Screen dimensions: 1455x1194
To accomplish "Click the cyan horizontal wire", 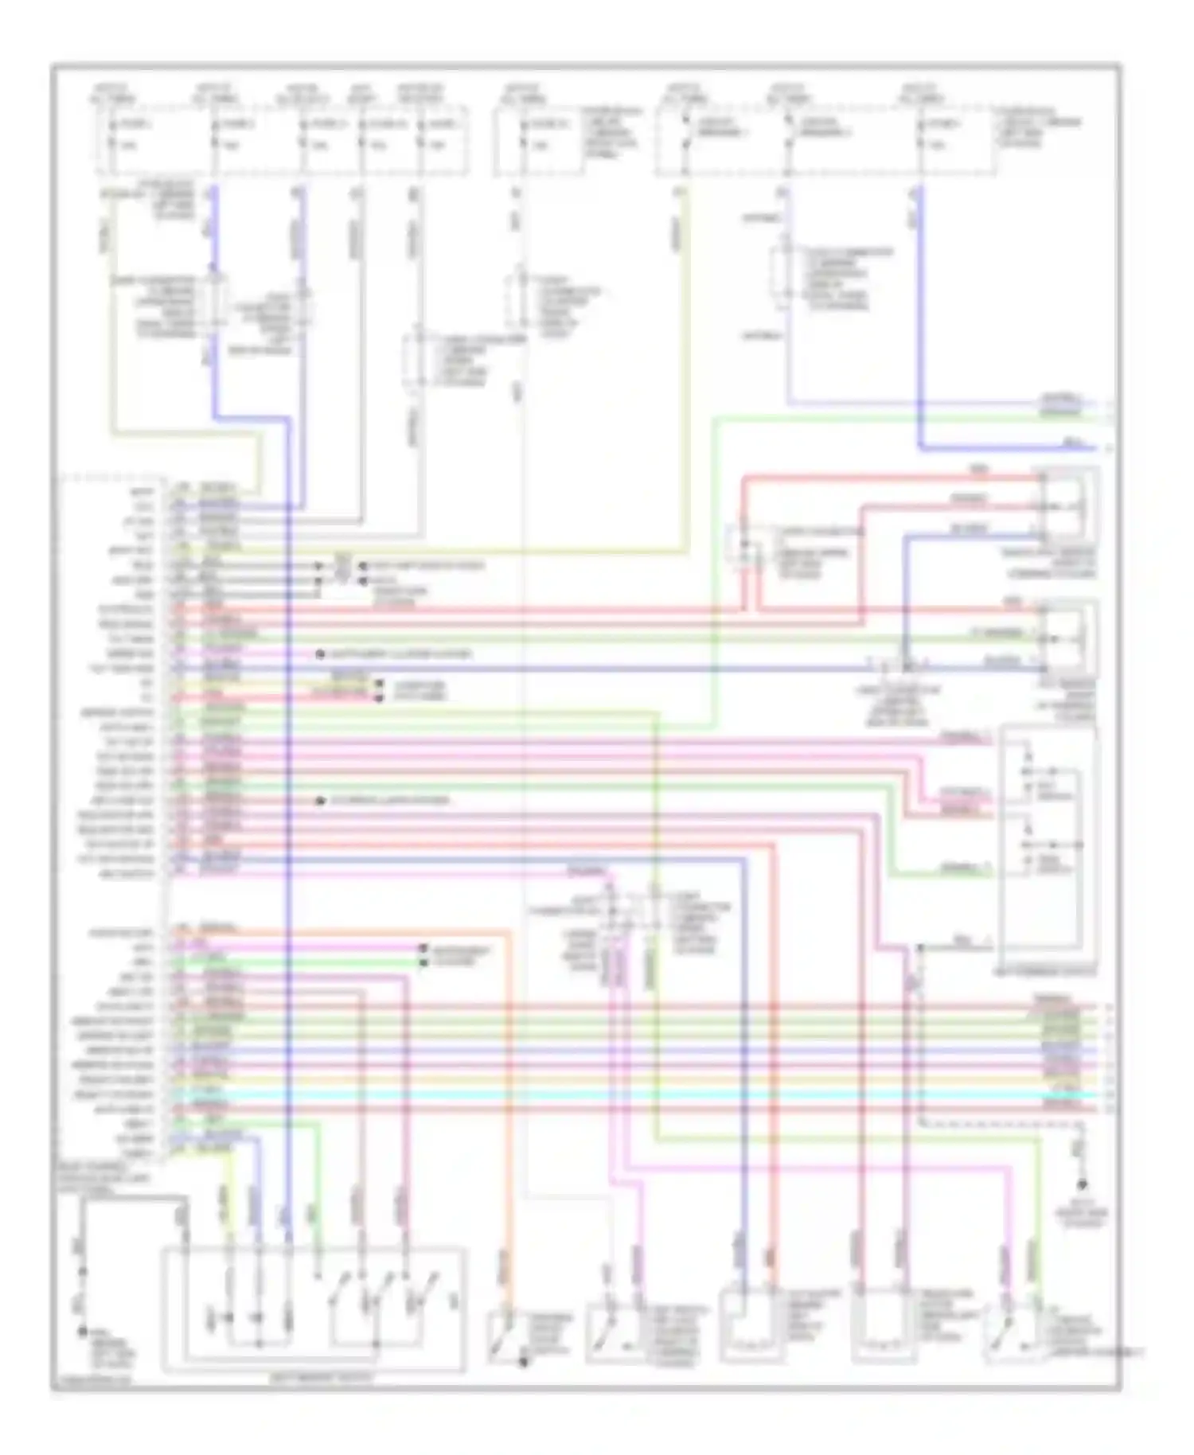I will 637,1094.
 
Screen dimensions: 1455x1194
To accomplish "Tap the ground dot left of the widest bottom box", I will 82,1330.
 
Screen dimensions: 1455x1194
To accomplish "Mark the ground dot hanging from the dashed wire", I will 1082,1185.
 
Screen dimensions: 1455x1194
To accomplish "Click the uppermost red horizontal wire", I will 876,478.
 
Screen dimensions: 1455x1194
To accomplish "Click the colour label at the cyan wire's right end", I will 1061,1094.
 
